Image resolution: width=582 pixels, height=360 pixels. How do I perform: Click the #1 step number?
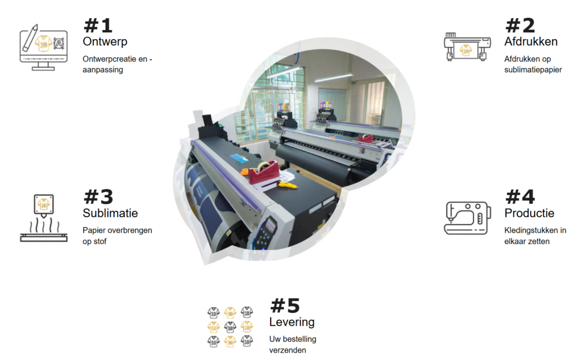[98, 26]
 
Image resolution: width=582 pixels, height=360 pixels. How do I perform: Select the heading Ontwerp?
[105, 42]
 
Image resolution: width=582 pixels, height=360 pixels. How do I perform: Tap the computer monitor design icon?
[43, 48]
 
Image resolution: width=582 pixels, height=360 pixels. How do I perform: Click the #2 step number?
[520, 26]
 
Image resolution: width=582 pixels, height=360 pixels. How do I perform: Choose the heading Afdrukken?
[531, 42]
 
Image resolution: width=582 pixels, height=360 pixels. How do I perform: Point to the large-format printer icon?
[467, 47]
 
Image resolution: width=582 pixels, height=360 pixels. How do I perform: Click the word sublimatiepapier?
[533, 70]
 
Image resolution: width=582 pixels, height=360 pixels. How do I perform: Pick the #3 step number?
[98, 197]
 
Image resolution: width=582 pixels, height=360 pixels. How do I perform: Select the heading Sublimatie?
[110, 213]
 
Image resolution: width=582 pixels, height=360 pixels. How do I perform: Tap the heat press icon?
[44, 218]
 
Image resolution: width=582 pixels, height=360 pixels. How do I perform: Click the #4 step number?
[520, 197]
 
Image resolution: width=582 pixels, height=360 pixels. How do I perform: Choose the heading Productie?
[529, 213]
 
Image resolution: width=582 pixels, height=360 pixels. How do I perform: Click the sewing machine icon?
[467, 218]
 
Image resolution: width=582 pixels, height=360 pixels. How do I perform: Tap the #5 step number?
[285, 306]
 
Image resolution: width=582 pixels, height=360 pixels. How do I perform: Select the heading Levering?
[292, 322]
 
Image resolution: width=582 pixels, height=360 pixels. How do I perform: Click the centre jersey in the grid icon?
[230, 327]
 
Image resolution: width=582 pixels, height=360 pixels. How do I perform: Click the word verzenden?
[288, 350]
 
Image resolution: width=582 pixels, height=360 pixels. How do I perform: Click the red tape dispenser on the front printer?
[264, 172]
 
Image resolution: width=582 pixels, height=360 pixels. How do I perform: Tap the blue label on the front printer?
[240, 159]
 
